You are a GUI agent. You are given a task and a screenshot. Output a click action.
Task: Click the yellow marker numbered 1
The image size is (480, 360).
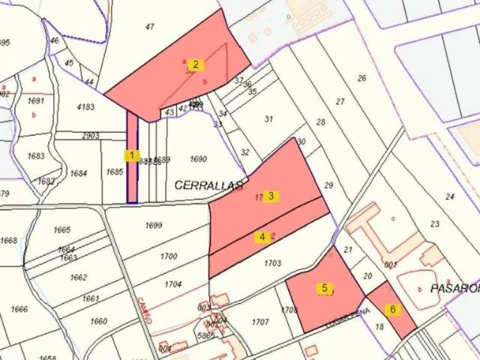[x=132, y=156]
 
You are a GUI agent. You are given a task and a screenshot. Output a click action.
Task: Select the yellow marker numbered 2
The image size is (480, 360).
[x=195, y=64]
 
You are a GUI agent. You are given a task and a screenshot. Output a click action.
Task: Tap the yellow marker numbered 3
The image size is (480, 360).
[x=271, y=196]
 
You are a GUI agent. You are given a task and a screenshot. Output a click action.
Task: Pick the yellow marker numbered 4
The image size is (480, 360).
[x=262, y=237]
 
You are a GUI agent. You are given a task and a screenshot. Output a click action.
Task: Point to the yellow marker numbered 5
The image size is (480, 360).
[x=325, y=288]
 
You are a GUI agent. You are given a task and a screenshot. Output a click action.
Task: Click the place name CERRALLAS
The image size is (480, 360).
[x=210, y=184]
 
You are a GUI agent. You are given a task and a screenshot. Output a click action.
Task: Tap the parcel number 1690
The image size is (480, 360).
[x=198, y=159]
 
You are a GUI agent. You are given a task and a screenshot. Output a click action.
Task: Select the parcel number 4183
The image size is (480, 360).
[x=86, y=107]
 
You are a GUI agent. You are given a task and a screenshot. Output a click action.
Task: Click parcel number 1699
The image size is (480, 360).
[x=154, y=226]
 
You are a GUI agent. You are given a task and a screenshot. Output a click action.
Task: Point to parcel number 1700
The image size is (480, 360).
[x=169, y=256]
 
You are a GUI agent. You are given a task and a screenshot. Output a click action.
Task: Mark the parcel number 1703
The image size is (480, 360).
[x=272, y=263]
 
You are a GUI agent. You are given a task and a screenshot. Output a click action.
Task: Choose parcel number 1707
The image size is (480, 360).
[x=259, y=322]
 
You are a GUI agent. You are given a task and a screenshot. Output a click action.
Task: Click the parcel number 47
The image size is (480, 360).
[x=150, y=27]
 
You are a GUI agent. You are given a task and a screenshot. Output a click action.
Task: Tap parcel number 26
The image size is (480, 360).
[x=362, y=78]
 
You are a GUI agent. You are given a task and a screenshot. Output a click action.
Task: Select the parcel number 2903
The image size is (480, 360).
[x=90, y=136]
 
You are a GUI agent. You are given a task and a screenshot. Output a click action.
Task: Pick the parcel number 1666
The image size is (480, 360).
[x=19, y=309]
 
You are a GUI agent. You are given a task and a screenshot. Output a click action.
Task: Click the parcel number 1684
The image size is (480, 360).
[x=79, y=173]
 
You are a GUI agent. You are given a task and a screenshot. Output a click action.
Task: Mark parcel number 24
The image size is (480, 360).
[x=450, y=196]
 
